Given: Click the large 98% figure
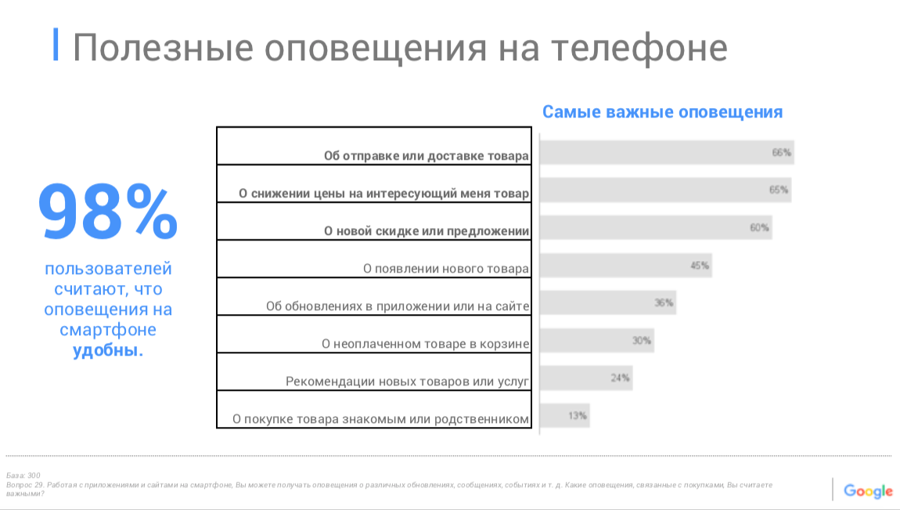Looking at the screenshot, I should (108, 212).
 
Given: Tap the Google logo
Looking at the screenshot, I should (868, 491).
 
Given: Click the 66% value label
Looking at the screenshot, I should (782, 153).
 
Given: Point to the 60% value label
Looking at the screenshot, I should (760, 228).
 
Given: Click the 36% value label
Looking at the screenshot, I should (664, 303).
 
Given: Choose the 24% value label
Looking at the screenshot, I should (621, 378).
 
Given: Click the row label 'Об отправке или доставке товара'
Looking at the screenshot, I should (427, 156).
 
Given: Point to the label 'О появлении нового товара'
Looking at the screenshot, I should (446, 269).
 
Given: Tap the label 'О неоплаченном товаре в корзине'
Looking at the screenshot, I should (426, 344).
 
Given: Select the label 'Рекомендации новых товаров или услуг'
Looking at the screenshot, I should (408, 382).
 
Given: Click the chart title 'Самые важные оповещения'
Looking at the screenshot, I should (662, 112).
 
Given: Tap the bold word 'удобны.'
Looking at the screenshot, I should (108, 350).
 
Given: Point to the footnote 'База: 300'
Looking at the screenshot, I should (23, 476).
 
